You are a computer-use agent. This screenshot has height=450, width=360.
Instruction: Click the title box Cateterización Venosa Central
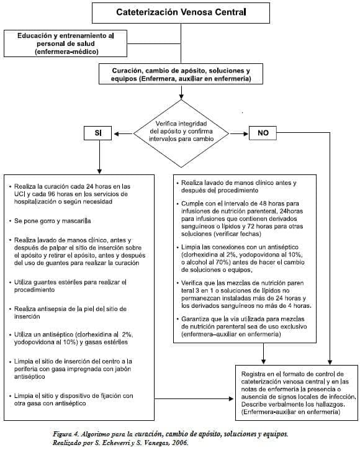(x=181, y=12)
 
